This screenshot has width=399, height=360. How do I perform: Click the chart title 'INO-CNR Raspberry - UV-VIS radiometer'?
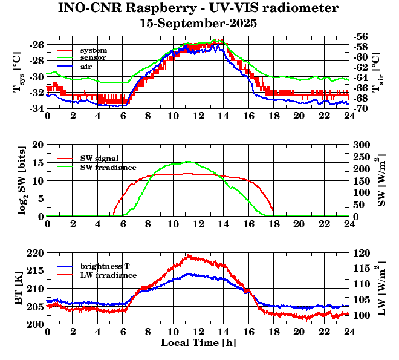click(198, 8)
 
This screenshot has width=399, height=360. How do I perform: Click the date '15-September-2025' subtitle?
click(198, 24)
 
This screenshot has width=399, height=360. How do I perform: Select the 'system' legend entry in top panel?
click(93, 50)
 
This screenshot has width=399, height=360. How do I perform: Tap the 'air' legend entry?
click(86, 65)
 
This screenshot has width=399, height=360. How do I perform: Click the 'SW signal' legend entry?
click(99, 159)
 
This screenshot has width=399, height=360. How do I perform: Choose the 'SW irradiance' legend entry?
click(108, 167)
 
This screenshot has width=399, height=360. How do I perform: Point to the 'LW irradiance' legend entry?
click(107, 275)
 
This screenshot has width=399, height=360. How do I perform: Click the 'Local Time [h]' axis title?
click(198, 343)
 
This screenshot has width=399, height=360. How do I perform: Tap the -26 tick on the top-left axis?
click(36, 45)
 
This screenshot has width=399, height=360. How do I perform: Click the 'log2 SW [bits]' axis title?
click(18, 180)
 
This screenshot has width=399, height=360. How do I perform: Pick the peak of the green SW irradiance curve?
click(188, 161)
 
